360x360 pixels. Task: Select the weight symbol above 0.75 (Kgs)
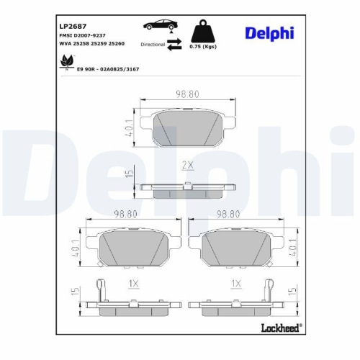click(x=203, y=32)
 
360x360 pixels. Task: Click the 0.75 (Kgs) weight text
click(x=203, y=47)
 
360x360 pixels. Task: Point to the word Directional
click(x=153, y=45)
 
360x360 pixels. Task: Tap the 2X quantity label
click(x=189, y=165)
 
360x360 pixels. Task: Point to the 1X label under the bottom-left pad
click(x=132, y=285)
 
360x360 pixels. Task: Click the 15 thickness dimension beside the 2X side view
click(x=129, y=174)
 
